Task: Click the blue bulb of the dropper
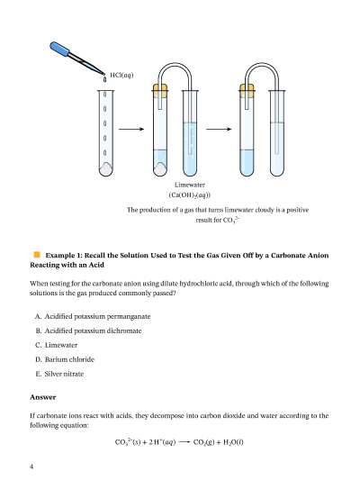tap(59, 49)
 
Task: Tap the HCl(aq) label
tap(121, 75)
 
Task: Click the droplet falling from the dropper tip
tap(105, 79)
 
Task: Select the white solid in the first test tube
tap(106, 169)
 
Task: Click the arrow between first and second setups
tap(131, 129)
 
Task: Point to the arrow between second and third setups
tap(219, 129)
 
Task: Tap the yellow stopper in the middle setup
tap(160, 91)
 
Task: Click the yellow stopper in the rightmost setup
tap(247, 91)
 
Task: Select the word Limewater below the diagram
tap(190, 185)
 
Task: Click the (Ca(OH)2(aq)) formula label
tap(190, 195)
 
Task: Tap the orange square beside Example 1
tap(37, 254)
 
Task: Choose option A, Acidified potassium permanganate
tap(93, 316)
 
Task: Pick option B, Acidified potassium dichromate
tap(88, 331)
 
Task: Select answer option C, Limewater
tap(57, 345)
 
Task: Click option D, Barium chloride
tap(65, 359)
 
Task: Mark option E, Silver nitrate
tap(59, 374)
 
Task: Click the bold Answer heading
tap(43, 397)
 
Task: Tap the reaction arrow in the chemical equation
tap(184, 442)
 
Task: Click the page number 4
tap(31, 466)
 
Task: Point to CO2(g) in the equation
tap(204, 442)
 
